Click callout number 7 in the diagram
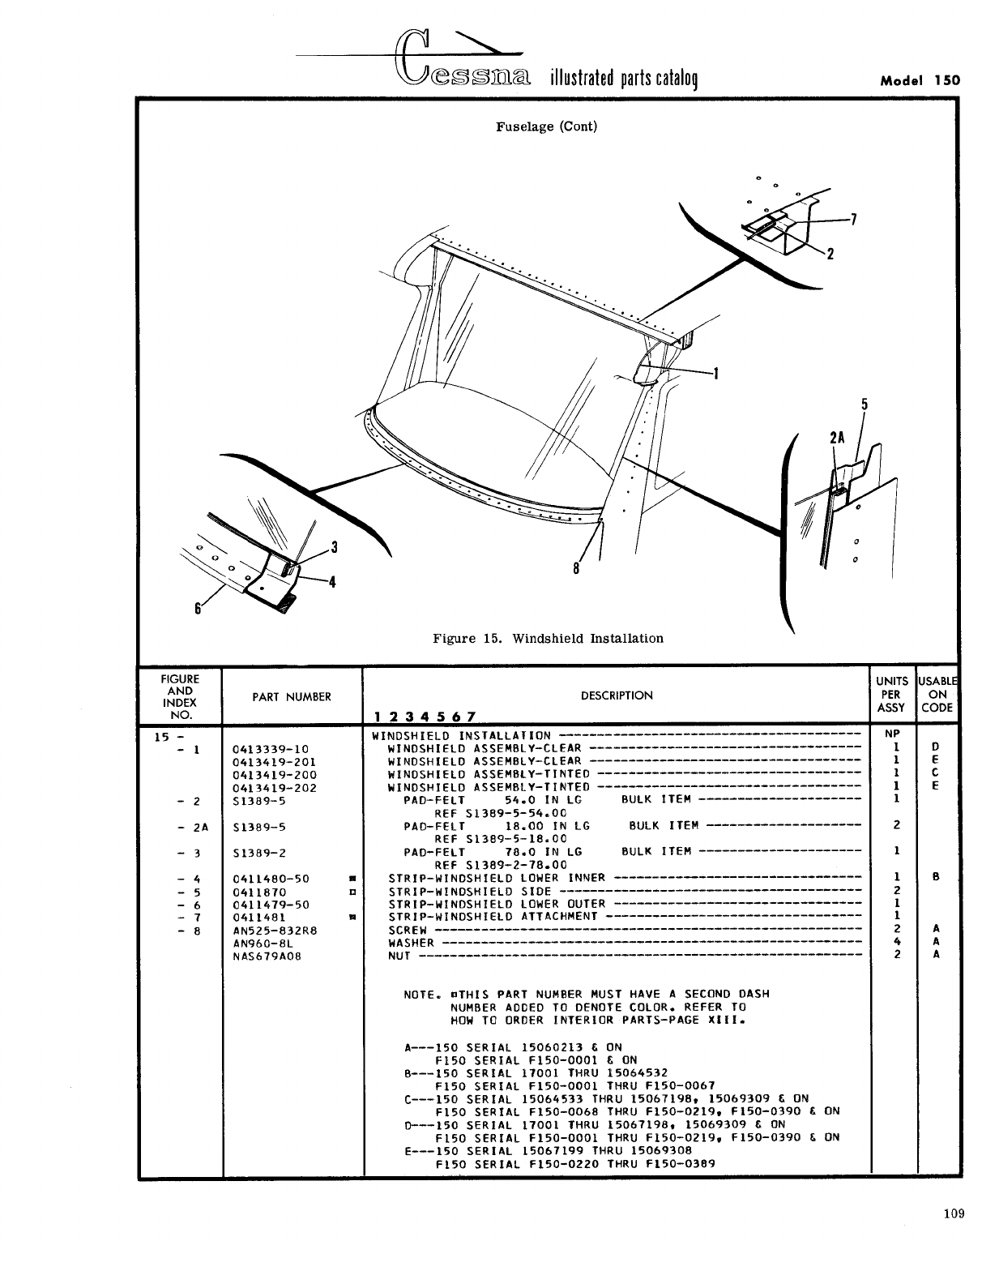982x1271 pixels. [x=852, y=219]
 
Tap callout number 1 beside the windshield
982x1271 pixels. [x=715, y=374]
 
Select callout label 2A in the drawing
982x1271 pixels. [x=838, y=438]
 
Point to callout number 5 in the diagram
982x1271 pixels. [x=865, y=403]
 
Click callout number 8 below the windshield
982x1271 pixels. [x=576, y=568]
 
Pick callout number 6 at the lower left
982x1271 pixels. [x=197, y=610]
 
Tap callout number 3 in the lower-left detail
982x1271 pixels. [x=334, y=547]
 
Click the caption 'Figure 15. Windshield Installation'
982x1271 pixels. [x=548, y=639]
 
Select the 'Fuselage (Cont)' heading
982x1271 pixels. [x=546, y=126]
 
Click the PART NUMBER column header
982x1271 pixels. [x=292, y=696]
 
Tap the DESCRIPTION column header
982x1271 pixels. [x=617, y=695]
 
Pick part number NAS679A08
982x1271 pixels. [x=267, y=956]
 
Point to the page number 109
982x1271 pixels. [x=954, y=1213]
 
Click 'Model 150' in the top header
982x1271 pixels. [x=920, y=80]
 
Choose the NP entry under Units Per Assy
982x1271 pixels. [x=895, y=735]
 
